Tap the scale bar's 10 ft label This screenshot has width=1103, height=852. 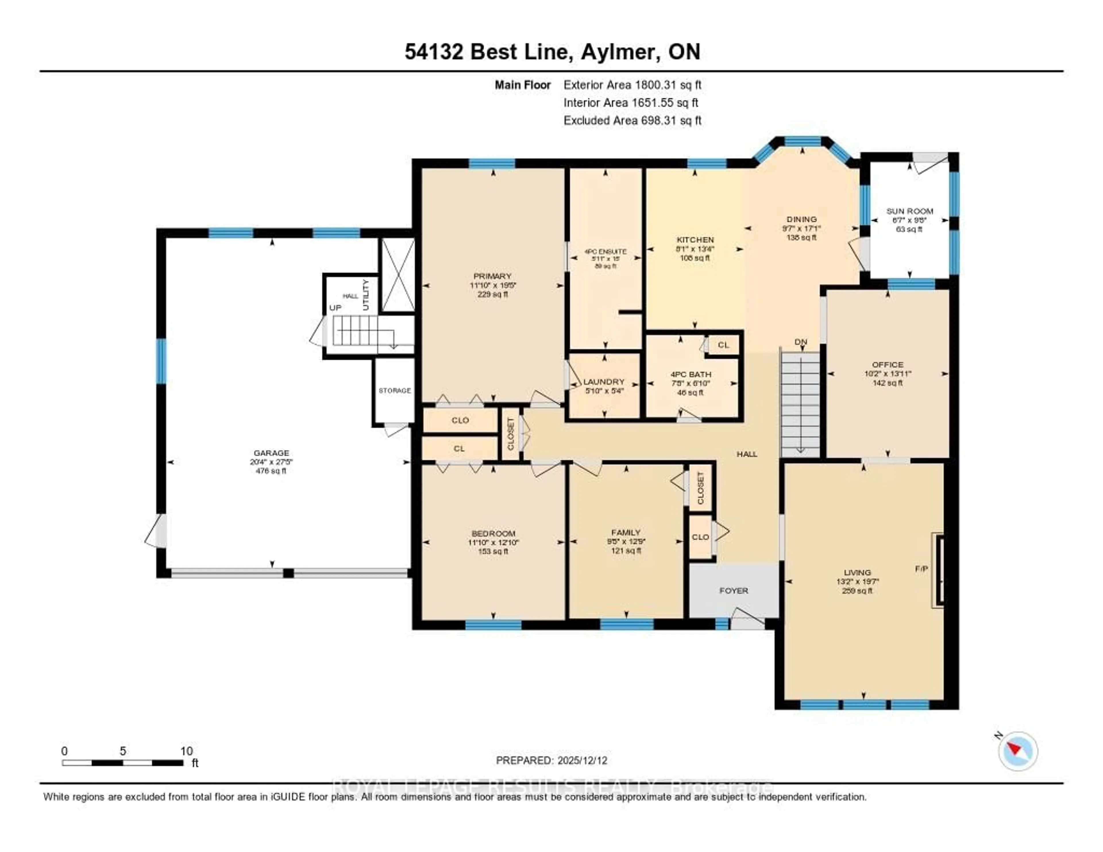(186, 751)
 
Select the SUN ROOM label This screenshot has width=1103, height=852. (910, 211)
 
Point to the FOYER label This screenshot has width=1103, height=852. (733, 590)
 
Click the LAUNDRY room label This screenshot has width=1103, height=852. (604, 382)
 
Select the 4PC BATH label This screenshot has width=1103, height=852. (691, 374)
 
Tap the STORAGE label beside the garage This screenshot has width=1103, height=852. (394, 390)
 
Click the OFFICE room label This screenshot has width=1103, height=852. (887, 365)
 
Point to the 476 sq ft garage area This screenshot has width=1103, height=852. (271, 471)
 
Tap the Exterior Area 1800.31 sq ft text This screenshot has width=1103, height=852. (632, 85)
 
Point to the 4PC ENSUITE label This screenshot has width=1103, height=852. (605, 252)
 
